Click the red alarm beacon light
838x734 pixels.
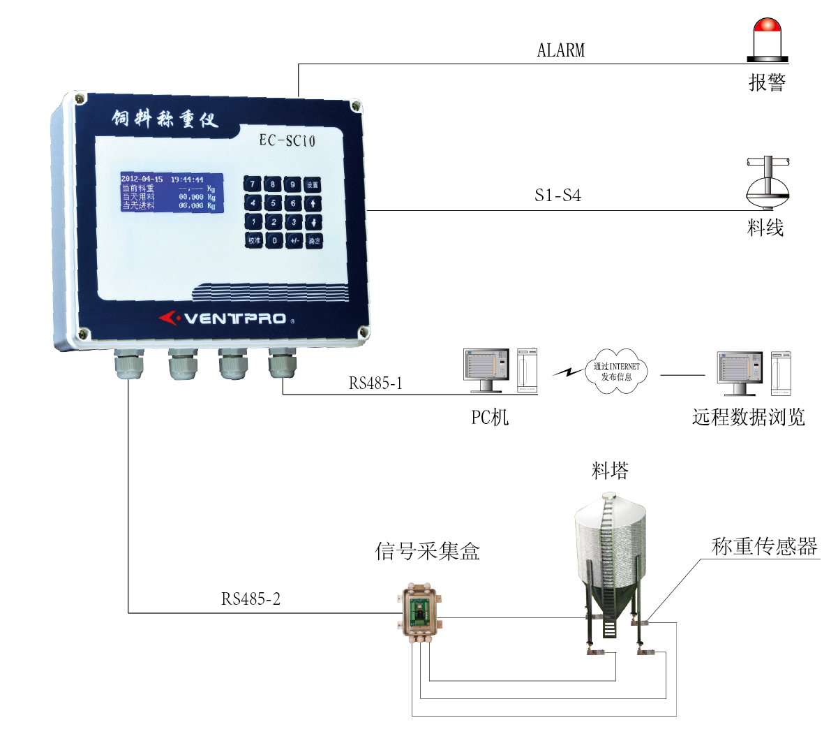point(768,38)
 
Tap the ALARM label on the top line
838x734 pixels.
point(561,50)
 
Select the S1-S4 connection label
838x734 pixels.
point(558,196)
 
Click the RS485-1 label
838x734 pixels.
point(375,383)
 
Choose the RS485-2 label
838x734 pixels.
point(250,599)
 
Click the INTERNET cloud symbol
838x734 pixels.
point(616,372)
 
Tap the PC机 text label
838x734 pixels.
point(490,418)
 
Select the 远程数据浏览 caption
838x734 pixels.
point(748,418)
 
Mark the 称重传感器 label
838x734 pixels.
point(764,547)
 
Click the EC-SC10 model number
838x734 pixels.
point(287,141)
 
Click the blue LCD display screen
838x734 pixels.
point(172,192)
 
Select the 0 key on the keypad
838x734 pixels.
point(274,240)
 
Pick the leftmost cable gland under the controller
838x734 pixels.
point(129,365)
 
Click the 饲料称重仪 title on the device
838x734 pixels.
point(165,119)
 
